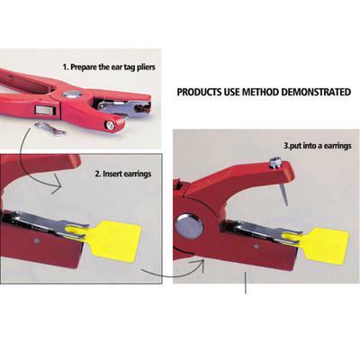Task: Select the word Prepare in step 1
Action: [x=84, y=67]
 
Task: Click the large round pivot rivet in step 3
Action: [x=189, y=227]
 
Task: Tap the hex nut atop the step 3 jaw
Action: [x=274, y=162]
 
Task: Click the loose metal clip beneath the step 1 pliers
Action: [x=50, y=129]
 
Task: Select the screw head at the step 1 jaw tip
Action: [x=110, y=126]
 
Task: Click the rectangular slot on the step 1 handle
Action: [x=45, y=110]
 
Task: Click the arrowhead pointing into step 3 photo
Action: [x=199, y=265]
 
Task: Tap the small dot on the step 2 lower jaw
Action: [x=37, y=240]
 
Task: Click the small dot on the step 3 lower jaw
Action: [x=256, y=247]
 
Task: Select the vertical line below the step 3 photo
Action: [x=246, y=283]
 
